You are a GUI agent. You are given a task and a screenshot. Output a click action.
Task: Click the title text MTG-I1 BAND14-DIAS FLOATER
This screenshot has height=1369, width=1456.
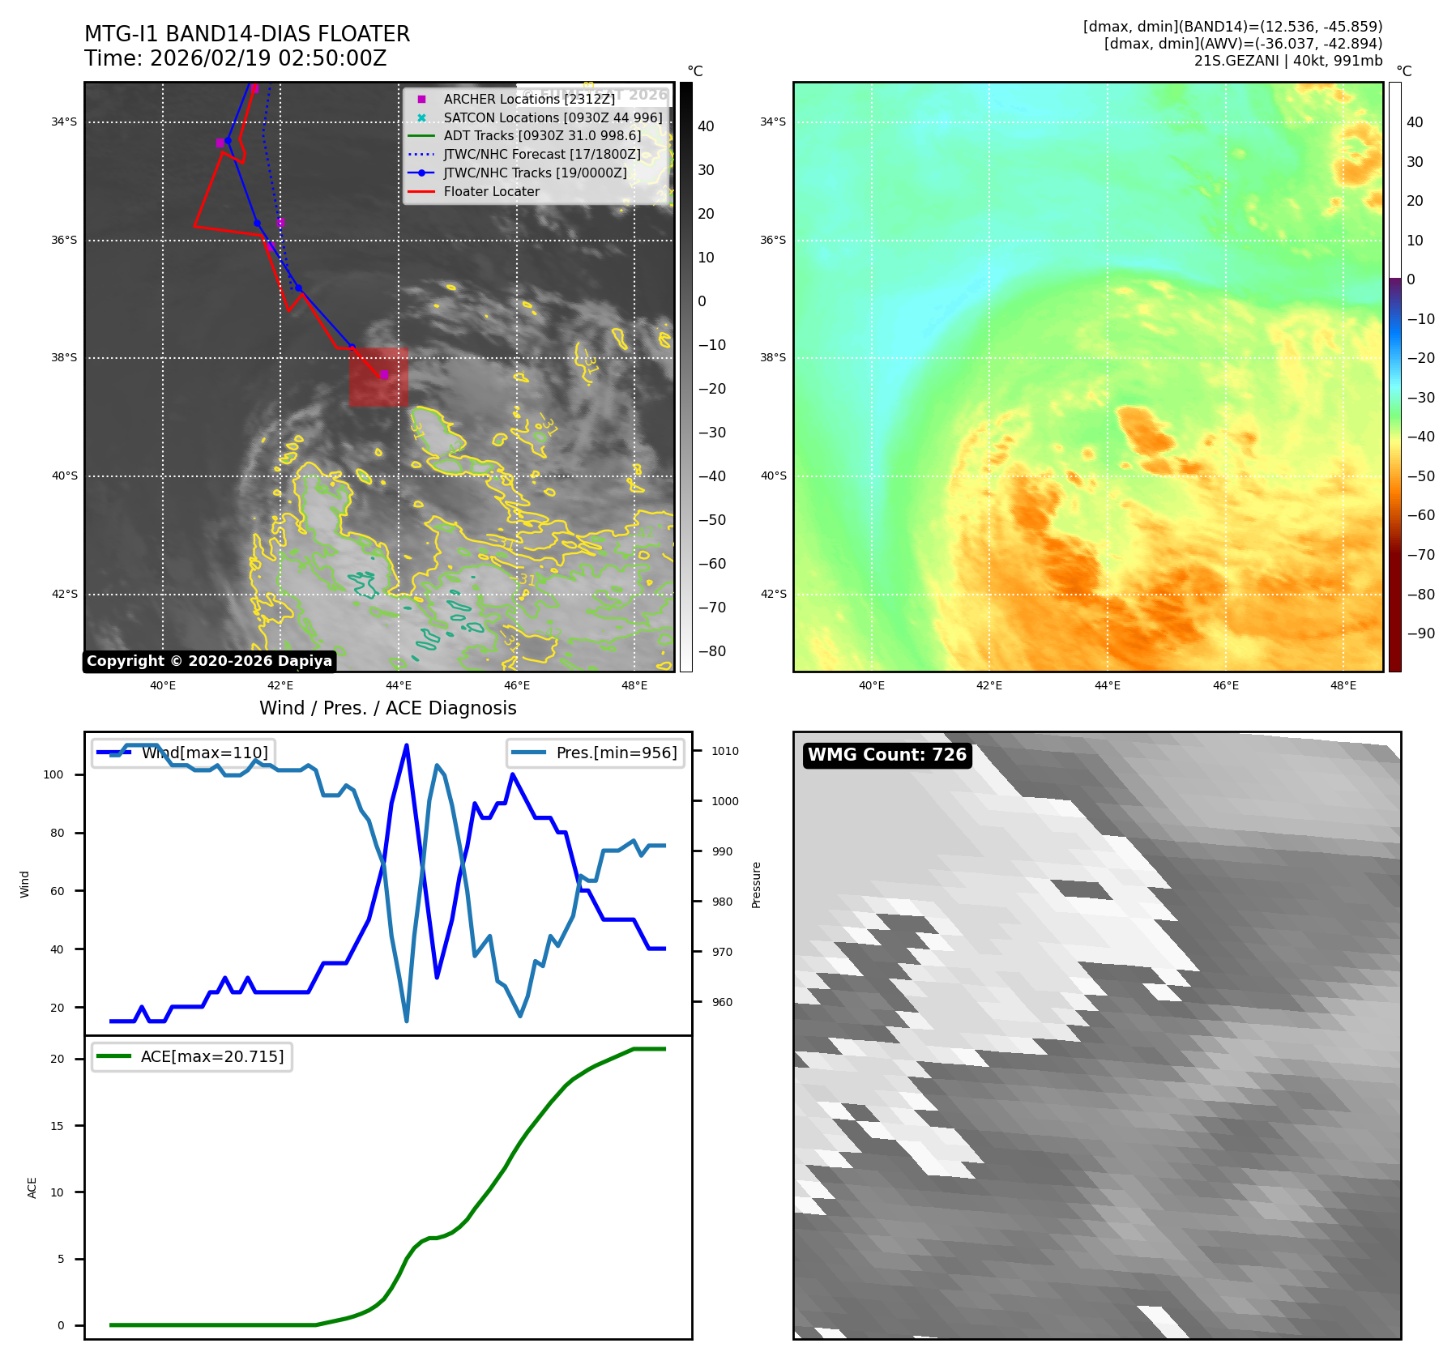[x=247, y=34]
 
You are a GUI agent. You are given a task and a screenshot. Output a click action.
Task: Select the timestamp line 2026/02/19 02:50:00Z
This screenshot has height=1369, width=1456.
[x=235, y=59]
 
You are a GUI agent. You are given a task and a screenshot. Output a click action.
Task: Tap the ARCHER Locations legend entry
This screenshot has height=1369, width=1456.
[x=528, y=99]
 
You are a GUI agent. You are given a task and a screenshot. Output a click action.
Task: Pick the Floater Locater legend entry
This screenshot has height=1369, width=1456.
[x=491, y=192]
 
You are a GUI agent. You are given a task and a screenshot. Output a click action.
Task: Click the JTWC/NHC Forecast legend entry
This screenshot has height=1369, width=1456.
[x=541, y=155]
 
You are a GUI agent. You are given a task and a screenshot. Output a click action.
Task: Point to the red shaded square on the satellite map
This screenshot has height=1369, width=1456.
[x=378, y=377]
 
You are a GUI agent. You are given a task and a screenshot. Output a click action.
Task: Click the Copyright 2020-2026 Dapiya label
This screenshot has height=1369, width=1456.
[x=209, y=661]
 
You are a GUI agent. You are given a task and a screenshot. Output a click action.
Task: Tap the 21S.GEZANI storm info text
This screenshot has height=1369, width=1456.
[x=1287, y=61]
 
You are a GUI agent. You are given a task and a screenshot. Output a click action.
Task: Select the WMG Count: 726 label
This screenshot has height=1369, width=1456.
[x=886, y=755]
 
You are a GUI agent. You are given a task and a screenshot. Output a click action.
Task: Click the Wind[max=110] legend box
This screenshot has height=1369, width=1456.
[x=183, y=753]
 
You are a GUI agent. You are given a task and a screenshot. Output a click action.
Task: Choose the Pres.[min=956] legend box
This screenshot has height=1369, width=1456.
[x=596, y=753]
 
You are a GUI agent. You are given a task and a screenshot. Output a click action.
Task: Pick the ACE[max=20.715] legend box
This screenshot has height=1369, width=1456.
[x=192, y=1057]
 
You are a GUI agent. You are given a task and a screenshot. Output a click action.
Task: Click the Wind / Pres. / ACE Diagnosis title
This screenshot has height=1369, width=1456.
[x=387, y=708]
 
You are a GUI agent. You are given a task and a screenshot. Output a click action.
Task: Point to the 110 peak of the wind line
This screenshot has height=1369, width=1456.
[x=406, y=745]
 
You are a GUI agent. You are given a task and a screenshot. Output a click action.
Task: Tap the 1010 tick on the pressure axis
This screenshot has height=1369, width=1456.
[x=724, y=751]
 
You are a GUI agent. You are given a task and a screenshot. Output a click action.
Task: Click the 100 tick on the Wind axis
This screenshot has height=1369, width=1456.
[x=53, y=774]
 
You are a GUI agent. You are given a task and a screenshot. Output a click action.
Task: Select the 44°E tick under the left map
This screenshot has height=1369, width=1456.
[x=399, y=686]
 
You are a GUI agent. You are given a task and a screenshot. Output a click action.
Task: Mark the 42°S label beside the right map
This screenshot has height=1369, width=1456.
[x=773, y=594]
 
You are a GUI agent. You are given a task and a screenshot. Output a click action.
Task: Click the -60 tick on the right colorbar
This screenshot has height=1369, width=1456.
[x=1420, y=515]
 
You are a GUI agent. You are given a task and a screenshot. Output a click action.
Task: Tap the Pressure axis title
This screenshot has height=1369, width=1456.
[x=756, y=885]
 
